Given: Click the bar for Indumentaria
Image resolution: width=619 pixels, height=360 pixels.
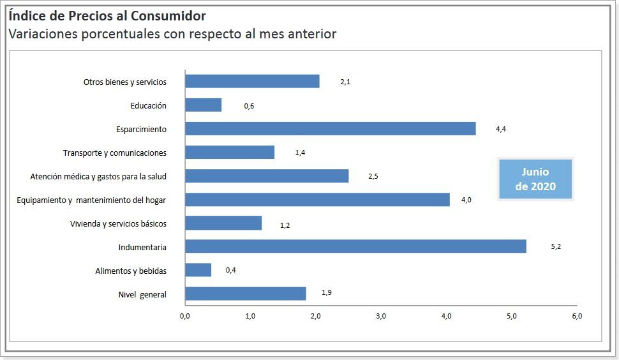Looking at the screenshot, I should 355,246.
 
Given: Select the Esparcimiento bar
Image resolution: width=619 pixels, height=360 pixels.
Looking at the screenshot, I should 330,129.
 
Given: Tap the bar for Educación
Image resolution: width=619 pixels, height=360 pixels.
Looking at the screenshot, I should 203,105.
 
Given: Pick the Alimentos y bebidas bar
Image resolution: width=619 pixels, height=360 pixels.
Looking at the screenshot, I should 198,270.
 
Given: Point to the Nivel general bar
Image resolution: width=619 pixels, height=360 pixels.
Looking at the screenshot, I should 245,294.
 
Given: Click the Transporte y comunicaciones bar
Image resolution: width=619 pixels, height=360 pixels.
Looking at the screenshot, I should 230,153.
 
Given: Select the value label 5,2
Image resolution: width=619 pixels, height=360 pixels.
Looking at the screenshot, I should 556,246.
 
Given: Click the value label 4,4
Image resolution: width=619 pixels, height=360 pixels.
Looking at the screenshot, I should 501,129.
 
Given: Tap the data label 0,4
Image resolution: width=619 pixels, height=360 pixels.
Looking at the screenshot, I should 231,270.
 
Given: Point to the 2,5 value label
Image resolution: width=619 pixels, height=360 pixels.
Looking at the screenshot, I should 373,176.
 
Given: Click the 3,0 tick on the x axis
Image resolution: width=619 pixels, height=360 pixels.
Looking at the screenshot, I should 381,316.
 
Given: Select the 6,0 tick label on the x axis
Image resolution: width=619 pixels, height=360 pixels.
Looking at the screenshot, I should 577,316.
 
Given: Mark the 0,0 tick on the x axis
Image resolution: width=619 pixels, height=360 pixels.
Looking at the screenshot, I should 185,316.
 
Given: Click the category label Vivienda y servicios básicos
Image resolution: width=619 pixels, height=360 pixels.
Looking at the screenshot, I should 118,223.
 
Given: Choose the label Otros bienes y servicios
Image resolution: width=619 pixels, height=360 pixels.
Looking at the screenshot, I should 125,82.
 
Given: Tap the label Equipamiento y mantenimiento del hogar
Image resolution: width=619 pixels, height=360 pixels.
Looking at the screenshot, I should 91,200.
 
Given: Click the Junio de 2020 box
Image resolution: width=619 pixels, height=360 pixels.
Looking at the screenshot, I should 535,179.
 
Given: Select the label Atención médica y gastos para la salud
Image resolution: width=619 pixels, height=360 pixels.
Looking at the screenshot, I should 98,176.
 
